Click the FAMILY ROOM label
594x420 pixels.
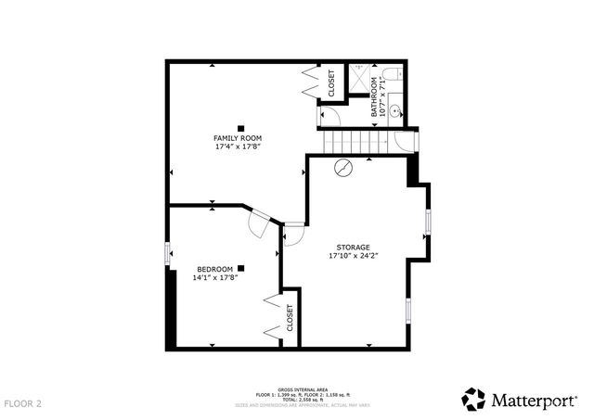239,138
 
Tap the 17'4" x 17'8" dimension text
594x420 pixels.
239,146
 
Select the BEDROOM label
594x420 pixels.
214,269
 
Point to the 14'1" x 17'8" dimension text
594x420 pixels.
215,277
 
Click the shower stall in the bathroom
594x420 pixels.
356,78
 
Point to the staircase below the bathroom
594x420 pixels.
352,142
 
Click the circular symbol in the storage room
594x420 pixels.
344,169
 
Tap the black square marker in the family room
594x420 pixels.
240,128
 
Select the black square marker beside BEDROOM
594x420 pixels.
240,269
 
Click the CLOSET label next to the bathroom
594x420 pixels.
331,83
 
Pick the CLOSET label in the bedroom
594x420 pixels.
290,318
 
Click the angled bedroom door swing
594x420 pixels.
263,220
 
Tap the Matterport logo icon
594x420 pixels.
473,400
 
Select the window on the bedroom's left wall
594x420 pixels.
167,253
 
